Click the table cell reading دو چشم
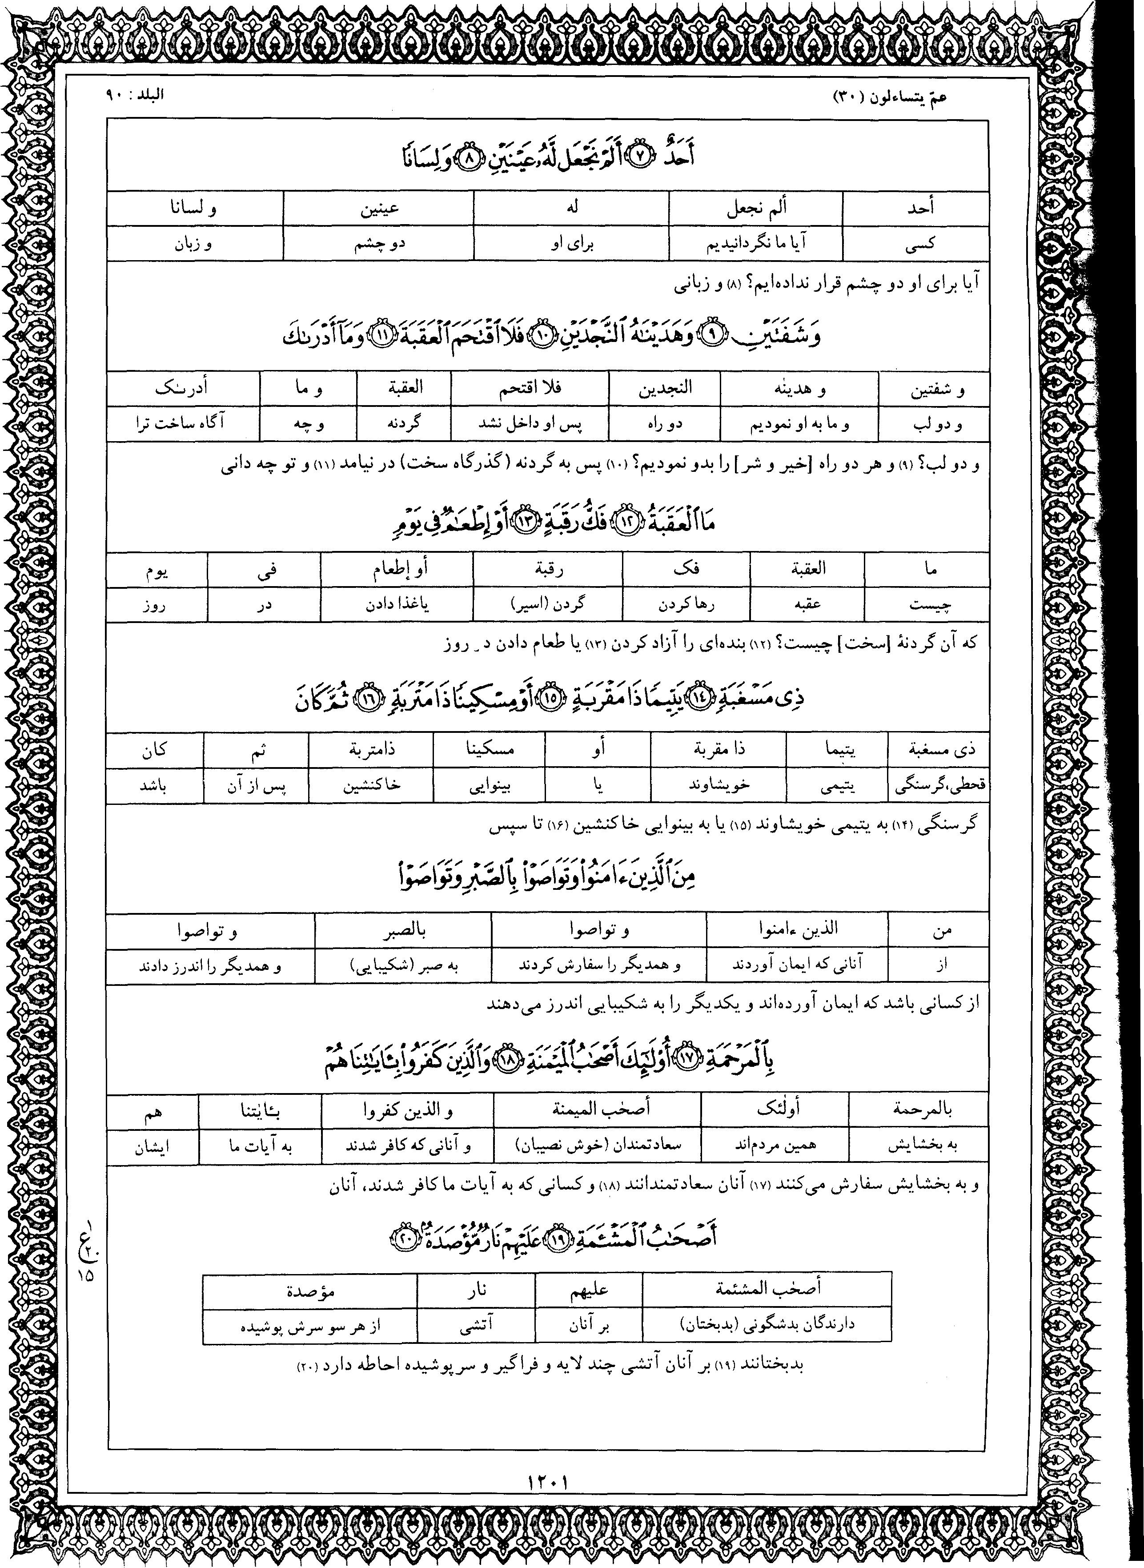click(x=378, y=243)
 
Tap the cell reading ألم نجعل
click(x=756, y=208)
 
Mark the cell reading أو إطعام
click(x=397, y=569)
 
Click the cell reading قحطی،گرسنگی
click(x=938, y=786)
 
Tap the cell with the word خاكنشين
click(x=371, y=786)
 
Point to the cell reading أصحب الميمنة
click(x=597, y=1110)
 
